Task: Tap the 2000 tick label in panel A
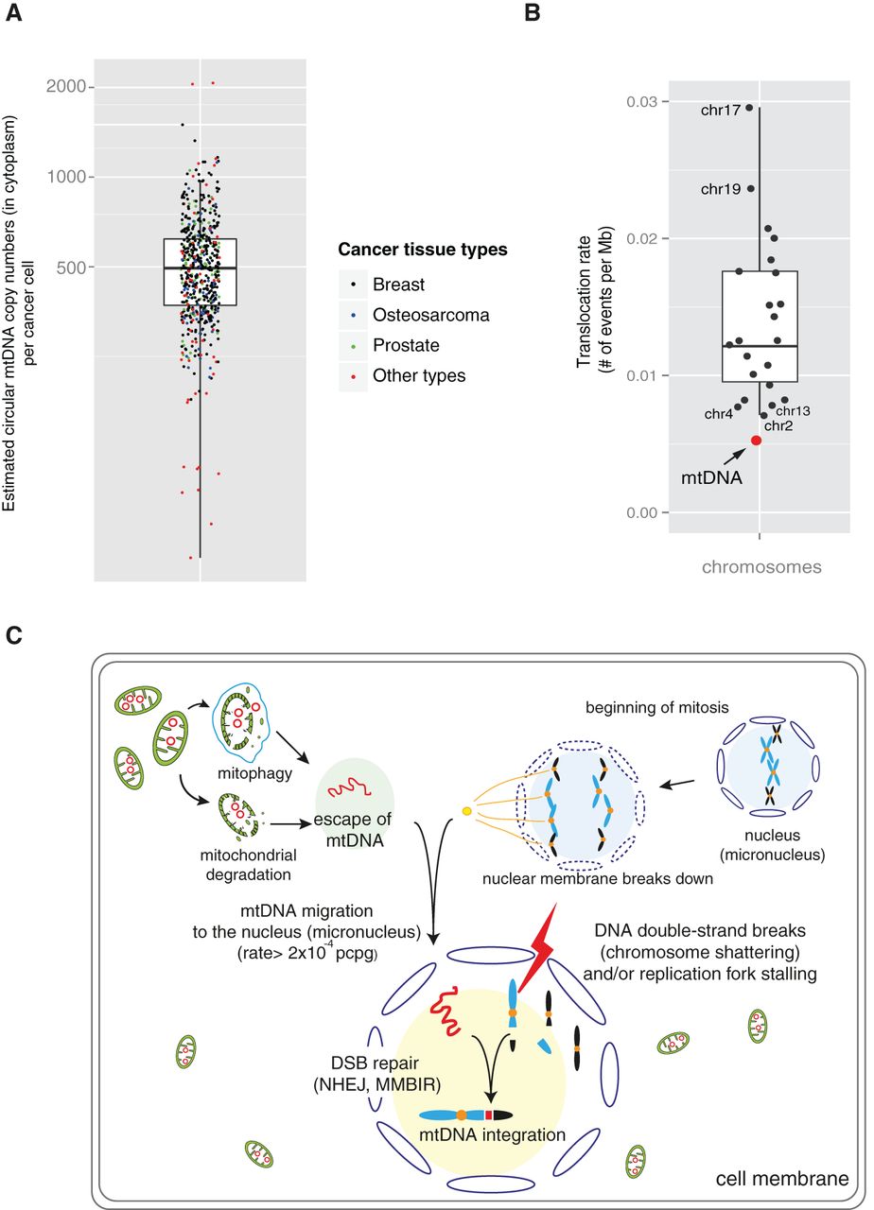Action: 67,87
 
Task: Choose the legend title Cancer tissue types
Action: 421,250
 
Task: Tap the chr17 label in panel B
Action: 721,109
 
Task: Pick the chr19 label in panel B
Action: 721,189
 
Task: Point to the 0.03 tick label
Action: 640,101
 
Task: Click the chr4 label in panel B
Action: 717,414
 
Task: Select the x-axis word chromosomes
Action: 760,567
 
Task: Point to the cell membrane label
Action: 780,1179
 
